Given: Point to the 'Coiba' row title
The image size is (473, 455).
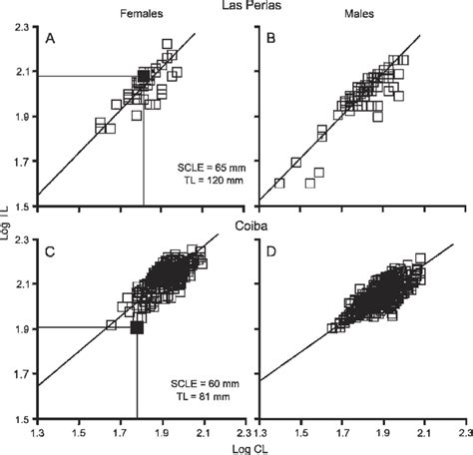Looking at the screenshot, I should (x=236, y=227).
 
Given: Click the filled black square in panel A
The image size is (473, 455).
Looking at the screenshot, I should (x=144, y=76).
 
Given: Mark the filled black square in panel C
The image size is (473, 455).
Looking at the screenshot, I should (x=137, y=327).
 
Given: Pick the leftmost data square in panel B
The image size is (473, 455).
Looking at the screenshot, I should (x=279, y=183).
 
